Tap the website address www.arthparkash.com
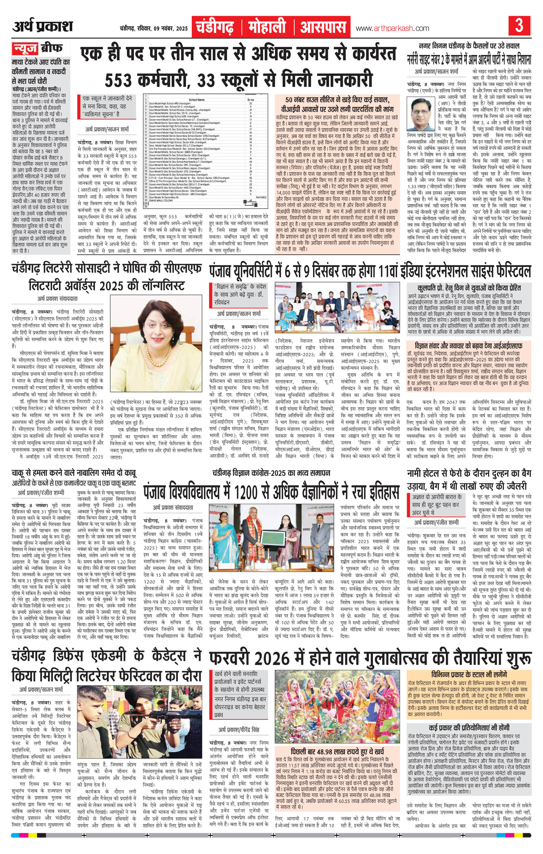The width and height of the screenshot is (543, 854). pos(392,28)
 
